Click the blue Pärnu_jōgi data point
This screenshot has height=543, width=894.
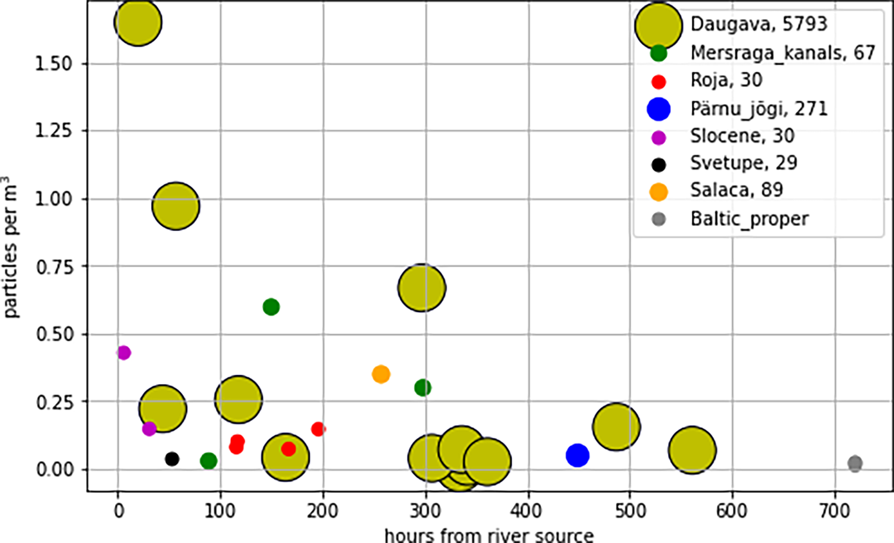coord(577,455)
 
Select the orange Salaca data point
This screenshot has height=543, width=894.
coord(381,374)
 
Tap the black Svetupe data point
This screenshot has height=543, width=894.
coord(172,459)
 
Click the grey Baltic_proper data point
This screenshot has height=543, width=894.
coord(855,463)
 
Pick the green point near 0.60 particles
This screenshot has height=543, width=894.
coord(271,307)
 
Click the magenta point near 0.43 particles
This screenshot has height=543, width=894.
coord(124,352)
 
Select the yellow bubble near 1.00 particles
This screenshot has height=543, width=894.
coord(176,206)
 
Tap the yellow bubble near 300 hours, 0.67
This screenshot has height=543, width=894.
coord(422,288)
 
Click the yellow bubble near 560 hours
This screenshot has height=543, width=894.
coord(692,450)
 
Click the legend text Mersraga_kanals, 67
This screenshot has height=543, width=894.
coord(783,53)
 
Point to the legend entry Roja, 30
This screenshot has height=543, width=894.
coord(726,80)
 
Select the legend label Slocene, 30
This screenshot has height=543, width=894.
coord(742,136)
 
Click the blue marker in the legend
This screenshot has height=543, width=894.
coord(659,109)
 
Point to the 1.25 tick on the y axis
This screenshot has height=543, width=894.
coord(53,130)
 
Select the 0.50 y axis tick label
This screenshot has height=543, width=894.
coord(53,334)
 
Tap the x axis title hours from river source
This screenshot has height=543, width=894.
coord(489,535)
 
